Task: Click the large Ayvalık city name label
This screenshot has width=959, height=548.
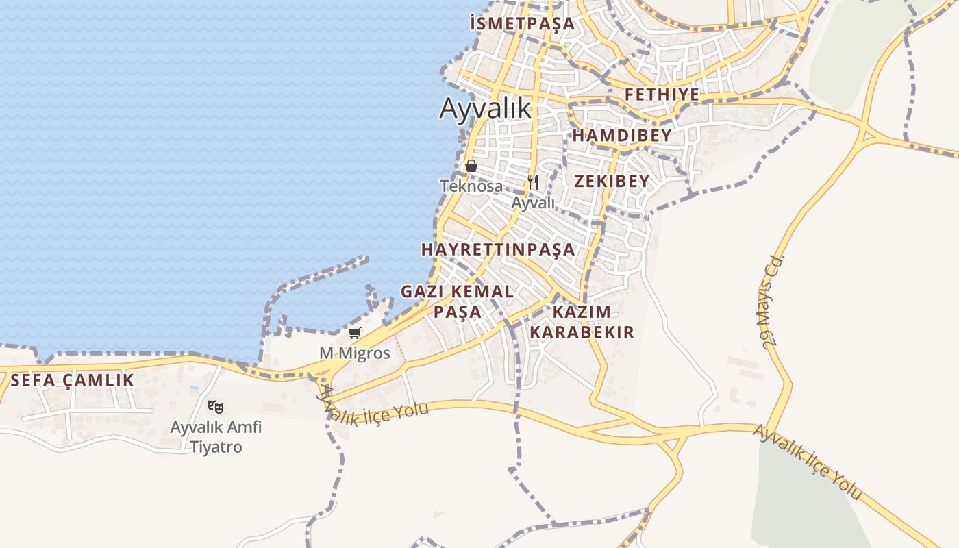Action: click(485, 108)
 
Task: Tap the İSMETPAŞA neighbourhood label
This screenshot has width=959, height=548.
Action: click(522, 23)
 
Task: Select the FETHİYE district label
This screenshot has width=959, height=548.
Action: click(662, 95)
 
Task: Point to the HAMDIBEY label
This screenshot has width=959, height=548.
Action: click(622, 136)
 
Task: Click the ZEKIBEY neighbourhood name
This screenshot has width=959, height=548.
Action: click(612, 182)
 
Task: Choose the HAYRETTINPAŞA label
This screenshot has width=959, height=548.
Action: click(498, 249)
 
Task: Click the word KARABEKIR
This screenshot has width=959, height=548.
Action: click(582, 333)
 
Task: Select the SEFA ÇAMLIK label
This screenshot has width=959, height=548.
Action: click(73, 380)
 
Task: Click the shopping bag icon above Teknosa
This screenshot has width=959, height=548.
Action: click(471, 166)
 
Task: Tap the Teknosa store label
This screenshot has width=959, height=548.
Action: click(471, 186)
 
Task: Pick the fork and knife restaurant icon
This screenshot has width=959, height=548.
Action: click(533, 182)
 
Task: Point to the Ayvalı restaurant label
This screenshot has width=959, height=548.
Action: click(534, 203)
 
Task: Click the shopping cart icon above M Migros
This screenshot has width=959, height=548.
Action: click(354, 334)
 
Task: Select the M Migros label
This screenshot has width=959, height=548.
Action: click(355, 353)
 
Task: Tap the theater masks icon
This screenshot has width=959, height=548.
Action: click(216, 407)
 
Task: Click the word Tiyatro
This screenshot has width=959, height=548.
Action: click(216, 447)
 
